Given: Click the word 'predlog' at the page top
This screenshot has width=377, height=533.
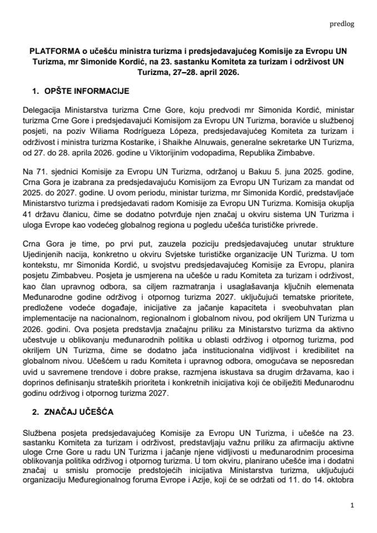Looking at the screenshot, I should pyautogui.click(x=342, y=24).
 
